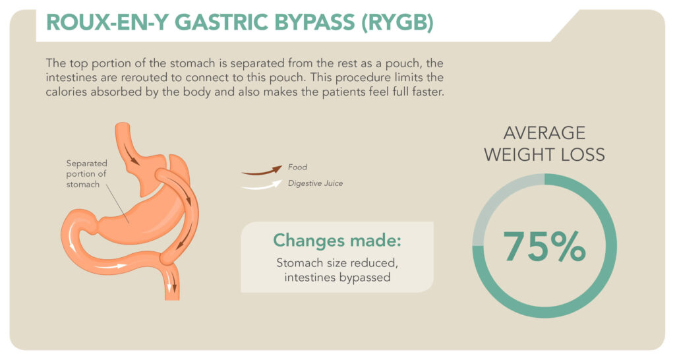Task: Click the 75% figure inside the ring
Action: point(544,246)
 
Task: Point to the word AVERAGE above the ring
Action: point(544,133)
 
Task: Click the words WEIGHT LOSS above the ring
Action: point(544,155)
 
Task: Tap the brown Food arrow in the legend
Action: point(261,171)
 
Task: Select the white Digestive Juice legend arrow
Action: point(261,186)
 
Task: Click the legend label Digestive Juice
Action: point(315,183)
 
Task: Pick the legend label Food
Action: point(298,167)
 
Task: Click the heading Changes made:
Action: point(337,241)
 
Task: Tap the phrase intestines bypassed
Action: point(337,278)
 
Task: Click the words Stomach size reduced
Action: point(337,264)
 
